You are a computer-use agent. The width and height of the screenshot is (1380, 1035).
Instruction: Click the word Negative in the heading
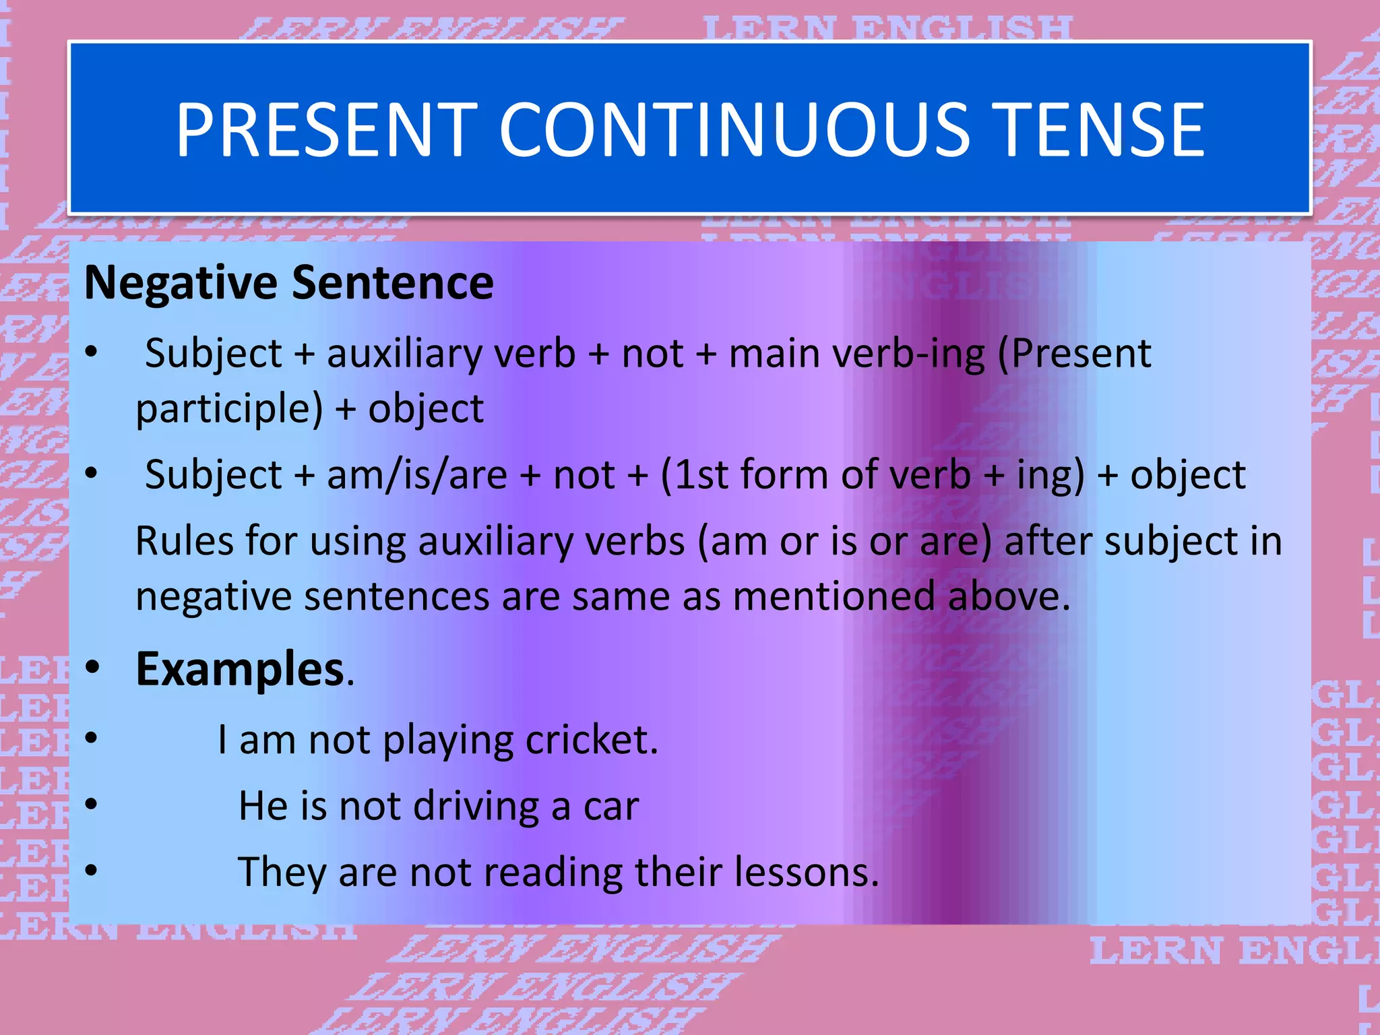[x=180, y=283]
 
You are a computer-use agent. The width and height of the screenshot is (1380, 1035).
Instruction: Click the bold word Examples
[x=241, y=669]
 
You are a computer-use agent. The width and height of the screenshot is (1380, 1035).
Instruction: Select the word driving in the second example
[x=476, y=806]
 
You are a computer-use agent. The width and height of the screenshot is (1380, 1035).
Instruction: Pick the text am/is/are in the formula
[x=416, y=474]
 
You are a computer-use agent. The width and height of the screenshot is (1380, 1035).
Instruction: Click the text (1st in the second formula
[x=694, y=474]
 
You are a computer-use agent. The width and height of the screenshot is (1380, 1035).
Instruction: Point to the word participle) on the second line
[x=229, y=410]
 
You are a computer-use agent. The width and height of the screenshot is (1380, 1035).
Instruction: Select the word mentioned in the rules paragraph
[x=834, y=597]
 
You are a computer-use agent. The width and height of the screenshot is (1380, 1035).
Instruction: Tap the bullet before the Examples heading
[x=92, y=668]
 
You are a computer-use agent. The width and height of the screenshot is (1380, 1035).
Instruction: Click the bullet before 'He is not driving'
[x=92, y=805]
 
